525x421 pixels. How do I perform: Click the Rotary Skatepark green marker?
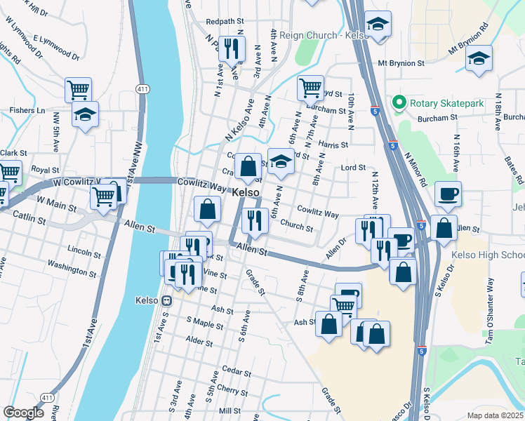click(399, 103)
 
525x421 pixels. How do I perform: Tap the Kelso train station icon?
click(167, 300)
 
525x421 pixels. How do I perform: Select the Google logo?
click(24, 413)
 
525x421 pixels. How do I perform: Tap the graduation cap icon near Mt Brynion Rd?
click(479, 58)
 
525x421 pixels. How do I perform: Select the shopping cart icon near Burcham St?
click(310, 88)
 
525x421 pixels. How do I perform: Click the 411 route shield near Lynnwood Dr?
click(143, 89)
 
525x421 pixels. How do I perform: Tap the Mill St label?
click(230, 410)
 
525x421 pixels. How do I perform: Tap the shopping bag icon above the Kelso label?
click(248, 166)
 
